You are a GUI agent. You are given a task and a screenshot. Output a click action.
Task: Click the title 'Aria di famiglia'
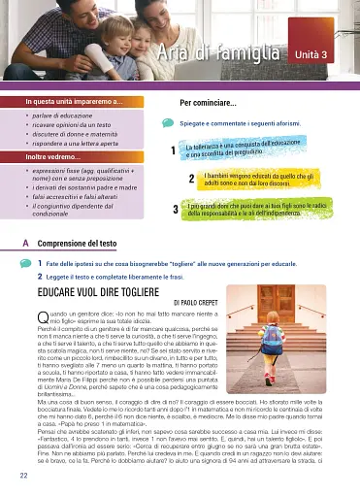coord(216,53)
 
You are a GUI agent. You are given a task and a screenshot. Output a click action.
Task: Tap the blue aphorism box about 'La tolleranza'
coord(245,149)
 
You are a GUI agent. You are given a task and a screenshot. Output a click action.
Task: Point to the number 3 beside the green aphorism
coord(174,210)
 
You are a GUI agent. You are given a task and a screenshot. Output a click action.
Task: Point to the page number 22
coord(22,476)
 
